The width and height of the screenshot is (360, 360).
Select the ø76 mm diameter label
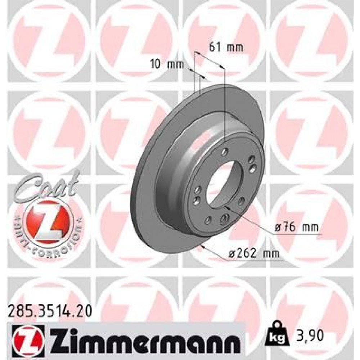(296, 228)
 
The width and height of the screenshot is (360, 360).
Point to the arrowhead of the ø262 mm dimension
(204, 246)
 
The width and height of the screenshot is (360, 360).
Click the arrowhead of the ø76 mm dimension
(226, 208)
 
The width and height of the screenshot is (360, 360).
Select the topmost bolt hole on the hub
(225, 151)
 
